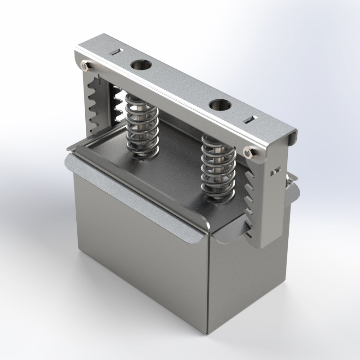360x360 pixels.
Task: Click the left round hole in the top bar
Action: coord(141,66)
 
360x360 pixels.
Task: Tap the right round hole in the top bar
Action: coord(220,105)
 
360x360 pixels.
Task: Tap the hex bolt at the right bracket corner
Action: coord(248,153)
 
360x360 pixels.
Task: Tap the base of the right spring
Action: coord(218,197)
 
